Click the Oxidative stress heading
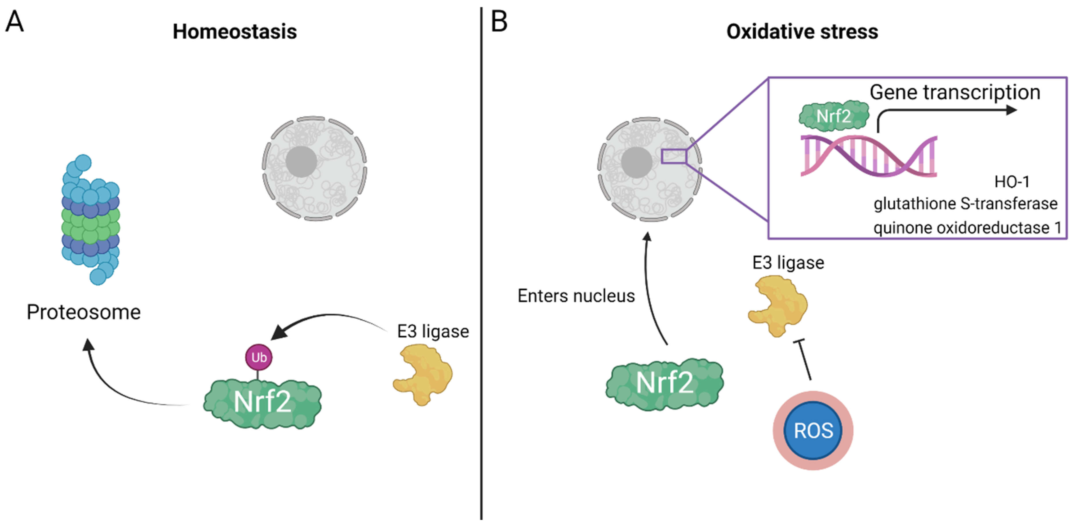pos(802,32)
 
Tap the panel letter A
pos(15,21)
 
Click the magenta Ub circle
pos(259,357)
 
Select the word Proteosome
pos(84,312)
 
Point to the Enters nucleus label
pos(576,296)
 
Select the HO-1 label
pos(1012,182)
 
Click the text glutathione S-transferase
pos(965,204)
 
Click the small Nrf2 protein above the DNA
pos(834,116)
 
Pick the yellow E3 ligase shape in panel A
pos(424,373)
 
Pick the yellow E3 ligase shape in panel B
pos(778,305)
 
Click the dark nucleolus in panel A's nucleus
pos(301,162)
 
